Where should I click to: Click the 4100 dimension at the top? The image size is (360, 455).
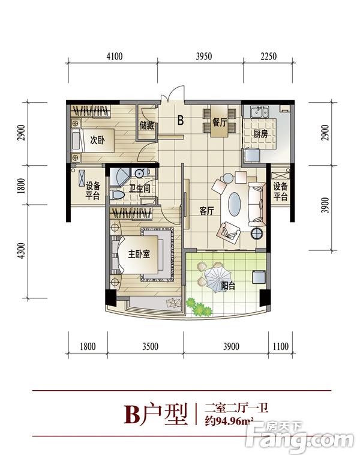coord(114,56)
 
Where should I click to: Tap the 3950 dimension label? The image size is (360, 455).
coord(203,56)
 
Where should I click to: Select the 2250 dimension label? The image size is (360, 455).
coord(268,56)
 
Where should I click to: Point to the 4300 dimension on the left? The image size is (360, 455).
coord(21,251)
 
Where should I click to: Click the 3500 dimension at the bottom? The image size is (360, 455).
coord(150,346)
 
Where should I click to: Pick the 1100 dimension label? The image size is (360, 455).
coord(281,346)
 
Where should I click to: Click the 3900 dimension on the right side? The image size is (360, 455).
coord(325,205)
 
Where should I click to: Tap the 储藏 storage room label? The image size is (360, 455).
coord(147,125)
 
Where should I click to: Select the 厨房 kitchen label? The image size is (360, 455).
coord(260,134)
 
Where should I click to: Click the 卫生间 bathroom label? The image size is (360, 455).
coord(140,188)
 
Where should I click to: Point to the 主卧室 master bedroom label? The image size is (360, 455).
coord(139,254)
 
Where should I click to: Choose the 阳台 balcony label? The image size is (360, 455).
coord(228,286)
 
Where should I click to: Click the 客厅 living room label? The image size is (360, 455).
coord(206,211)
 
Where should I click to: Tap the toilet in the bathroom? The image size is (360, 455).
coord(117,194)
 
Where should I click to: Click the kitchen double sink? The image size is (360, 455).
coord(259,112)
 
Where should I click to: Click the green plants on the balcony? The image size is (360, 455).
coord(199,307)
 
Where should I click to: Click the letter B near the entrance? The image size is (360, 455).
coord(181,120)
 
